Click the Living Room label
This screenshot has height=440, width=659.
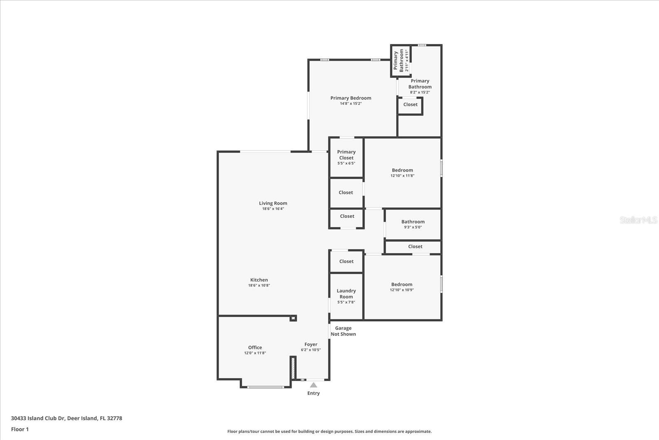[273, 203]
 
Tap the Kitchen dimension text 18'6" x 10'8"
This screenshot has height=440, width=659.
[259, 285]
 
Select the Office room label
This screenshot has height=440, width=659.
[255, 348]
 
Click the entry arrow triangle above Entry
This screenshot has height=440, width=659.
[313, 385]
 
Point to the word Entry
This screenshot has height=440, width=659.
[313, 393]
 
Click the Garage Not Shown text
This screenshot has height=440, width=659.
[343, 331]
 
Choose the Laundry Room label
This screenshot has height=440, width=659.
[346, 294]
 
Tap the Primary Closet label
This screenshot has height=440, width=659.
[346, 155]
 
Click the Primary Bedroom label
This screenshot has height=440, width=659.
[351, 98]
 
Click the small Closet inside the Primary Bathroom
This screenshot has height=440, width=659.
[410, 105]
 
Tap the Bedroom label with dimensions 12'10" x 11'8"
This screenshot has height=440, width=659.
[402, 170]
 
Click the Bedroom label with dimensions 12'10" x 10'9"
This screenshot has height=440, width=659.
[402, 285]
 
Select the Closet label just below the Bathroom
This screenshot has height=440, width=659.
[415, 247]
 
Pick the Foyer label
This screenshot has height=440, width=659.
[311, 345]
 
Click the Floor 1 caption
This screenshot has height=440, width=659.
[20, 429]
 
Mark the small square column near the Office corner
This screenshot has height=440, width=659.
[293, 318]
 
